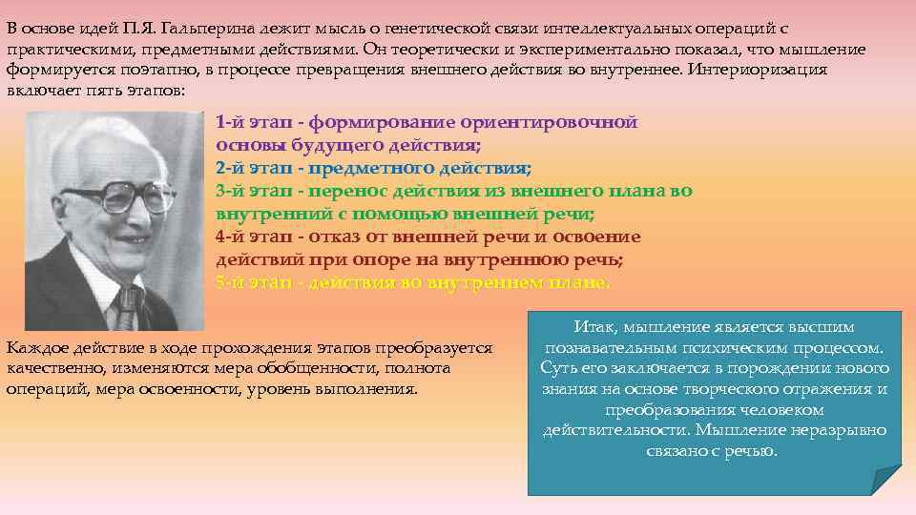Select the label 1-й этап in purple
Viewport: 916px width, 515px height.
248,122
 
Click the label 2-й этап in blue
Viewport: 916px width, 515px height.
248,168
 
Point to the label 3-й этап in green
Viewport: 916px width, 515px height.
248,191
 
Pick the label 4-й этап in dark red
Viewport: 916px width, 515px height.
248,237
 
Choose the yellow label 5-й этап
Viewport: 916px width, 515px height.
248,282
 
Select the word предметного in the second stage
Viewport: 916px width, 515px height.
372,168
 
